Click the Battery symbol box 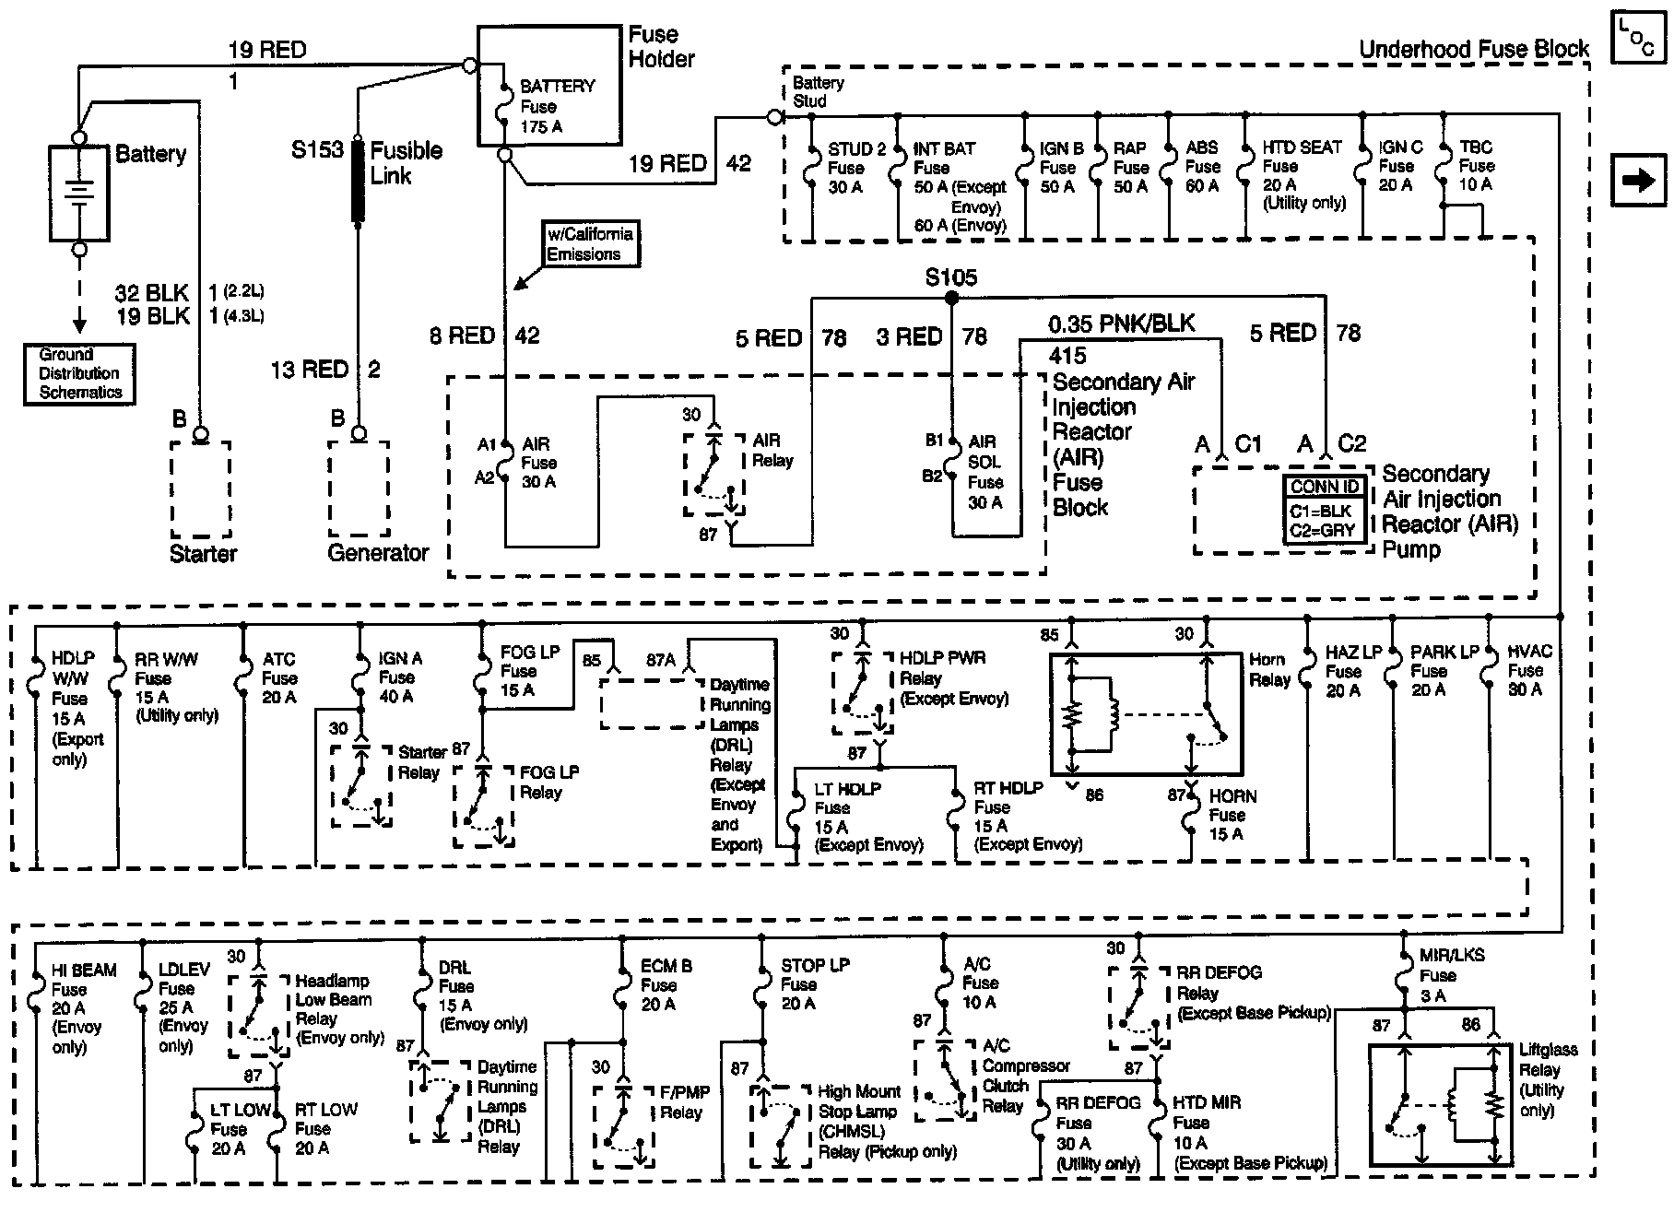coord(79,193)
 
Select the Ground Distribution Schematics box coord(79,374)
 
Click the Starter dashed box coord(201,488)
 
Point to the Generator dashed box coord(359,488)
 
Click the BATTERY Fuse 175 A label coord(556,106)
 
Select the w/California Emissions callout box coord(590,244)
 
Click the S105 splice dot coord(951,298)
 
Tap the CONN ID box coord(1325,509)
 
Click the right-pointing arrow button coord(1638,180)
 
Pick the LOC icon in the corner coord(1638,39)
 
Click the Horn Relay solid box coord(1146,713)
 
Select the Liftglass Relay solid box coord(1441,1105)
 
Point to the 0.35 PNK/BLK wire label coord(1121,324)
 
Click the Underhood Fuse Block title coord(1473,50)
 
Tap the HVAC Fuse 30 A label coord(1529,670)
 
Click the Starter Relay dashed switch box coord(361,785)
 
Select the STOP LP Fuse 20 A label coord(813,984)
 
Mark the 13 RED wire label coord(309,370)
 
